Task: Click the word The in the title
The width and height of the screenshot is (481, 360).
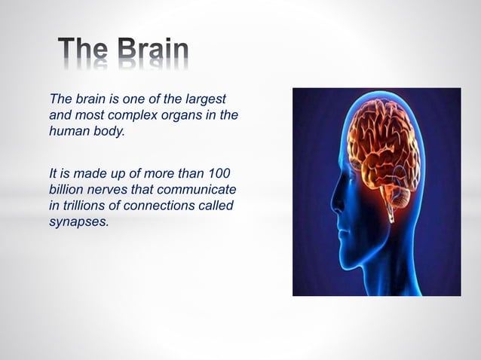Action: (x=84, y=50)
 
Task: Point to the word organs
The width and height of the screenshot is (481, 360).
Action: (x=183, y=115)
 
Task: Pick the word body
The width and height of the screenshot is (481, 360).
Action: (x=106, y=131)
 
